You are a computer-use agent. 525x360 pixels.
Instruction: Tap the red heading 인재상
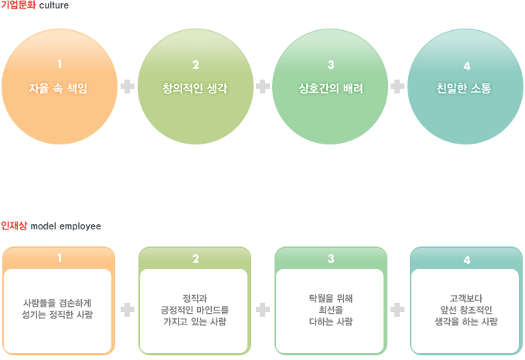click(14, 226)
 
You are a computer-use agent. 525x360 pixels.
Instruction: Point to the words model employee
click(65, 226)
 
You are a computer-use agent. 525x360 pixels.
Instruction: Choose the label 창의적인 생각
click(196, 88)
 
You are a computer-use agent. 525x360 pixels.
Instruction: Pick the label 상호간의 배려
click(331, 88)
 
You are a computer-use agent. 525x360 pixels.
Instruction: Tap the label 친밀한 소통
click(466, 88)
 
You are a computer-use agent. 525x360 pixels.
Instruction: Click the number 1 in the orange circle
click(60, 64)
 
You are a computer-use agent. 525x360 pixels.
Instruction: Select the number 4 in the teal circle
click(466, 66)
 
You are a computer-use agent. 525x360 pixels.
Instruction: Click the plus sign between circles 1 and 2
click(128, 86)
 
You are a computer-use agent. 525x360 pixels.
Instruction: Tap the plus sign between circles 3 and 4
click(398, 86)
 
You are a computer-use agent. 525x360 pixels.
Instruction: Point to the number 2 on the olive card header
click(196, 259)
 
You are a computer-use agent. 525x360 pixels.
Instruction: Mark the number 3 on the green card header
click(331, 259)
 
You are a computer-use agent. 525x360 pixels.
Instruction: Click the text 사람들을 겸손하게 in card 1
click(59, 304)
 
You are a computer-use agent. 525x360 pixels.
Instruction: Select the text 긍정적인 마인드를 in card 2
click(196, 309)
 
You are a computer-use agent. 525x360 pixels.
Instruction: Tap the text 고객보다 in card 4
click(466, 297)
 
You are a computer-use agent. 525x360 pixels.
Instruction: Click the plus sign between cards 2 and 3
click(263, 310)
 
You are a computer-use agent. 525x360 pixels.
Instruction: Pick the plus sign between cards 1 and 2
click(128, 310)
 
